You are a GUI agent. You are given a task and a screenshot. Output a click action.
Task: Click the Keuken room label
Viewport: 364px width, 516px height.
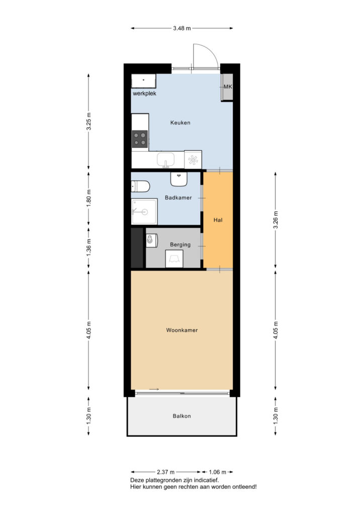click(x=180, y=123)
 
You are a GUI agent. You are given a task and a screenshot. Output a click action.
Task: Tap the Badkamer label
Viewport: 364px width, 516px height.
click(x=178, y=198)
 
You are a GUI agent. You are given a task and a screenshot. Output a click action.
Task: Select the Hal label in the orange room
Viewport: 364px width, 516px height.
click(x=218, y=220)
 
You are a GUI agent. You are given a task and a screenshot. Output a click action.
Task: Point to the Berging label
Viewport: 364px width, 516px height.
click(x=180, y=244)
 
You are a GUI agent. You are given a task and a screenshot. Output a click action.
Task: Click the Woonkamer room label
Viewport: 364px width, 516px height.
click(x=182, y=330)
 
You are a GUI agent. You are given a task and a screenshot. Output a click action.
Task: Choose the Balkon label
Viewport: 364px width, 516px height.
click(x=182, y=416)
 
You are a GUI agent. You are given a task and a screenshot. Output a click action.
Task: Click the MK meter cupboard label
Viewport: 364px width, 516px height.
click(x=228, y=87)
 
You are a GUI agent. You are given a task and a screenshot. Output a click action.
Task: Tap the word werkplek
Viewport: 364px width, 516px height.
click(x=144, y=93)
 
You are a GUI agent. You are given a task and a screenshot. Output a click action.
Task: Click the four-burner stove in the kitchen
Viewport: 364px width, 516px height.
click(x=140, y=139)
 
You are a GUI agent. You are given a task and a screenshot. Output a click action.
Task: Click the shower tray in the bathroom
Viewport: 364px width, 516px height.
click(x=144, y=212)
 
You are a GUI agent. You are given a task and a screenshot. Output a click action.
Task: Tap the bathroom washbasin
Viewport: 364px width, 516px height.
click(x=179, y=179)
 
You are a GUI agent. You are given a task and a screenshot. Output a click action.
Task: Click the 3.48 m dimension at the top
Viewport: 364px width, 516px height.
click(x=182, y=28)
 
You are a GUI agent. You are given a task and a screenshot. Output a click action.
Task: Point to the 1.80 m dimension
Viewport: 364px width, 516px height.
click(x=88, y=199)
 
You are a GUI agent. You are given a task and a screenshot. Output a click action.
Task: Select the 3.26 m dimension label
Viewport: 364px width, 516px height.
click(x=276, y=220)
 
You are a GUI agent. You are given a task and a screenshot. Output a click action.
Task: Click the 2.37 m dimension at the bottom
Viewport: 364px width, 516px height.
click(x=166, y=472)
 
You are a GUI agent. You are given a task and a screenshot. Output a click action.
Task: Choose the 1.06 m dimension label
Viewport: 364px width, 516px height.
click(x=218, y=472)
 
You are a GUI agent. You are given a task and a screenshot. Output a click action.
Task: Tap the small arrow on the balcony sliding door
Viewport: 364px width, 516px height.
click(x=154, y=390)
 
